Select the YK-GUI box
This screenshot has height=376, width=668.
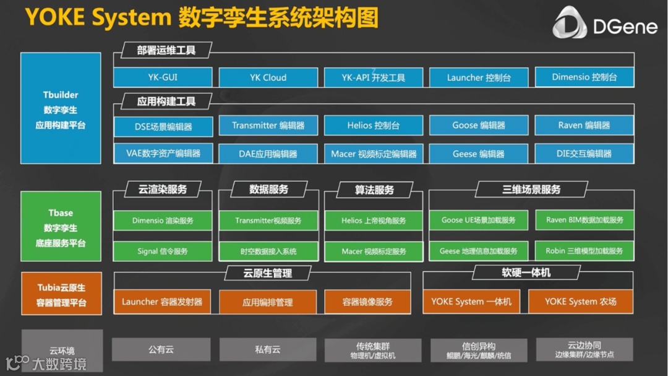(x=163, y=77)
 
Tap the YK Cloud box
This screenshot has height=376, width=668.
(x=268, y=77)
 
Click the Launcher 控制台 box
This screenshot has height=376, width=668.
(x=479, y=77)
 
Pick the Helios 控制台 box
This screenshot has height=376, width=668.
(x=373, y=125)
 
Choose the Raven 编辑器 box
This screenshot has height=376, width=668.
(x=584, y=125)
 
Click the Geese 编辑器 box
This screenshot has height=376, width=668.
(x=479, y=154)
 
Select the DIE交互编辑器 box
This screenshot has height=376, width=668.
(x=584, y=154)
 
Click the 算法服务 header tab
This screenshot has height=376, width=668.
(x=374, y=190)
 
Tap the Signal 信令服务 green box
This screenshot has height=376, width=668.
(x=163, y=251)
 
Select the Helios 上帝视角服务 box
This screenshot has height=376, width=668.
(x=374, y=221)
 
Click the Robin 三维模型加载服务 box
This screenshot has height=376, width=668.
(x=584, y=251)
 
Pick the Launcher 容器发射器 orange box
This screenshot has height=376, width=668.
(x=162, y=302)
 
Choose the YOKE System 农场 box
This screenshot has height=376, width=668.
(x=580, y=302)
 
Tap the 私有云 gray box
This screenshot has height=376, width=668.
(x=268, y=349)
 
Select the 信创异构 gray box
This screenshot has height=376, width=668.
(x=479, y=350)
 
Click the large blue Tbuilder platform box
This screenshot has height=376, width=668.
(x=61, y=108)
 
